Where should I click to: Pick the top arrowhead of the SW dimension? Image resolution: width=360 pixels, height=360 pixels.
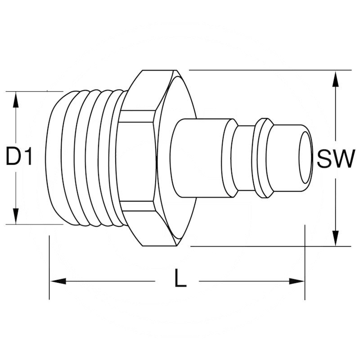(x=335, y=80)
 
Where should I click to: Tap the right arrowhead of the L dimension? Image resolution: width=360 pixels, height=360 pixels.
(x=297, y=281)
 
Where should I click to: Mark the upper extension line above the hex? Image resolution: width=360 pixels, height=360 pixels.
(x=270, y=70)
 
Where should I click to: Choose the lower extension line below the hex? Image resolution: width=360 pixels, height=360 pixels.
(x=270, y=246)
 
